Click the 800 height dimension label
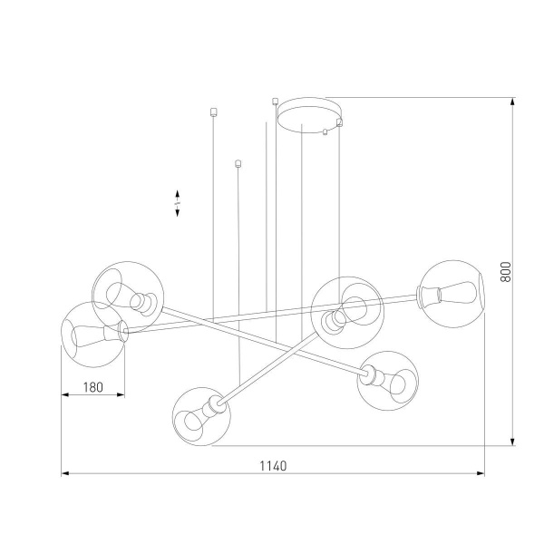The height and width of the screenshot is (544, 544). [507, 271]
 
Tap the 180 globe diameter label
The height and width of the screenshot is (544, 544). [92, 387]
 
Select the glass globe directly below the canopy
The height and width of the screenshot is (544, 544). [342, 310]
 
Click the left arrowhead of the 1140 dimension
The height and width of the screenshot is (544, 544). [65, 473]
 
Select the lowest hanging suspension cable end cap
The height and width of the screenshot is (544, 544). [238, 164]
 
